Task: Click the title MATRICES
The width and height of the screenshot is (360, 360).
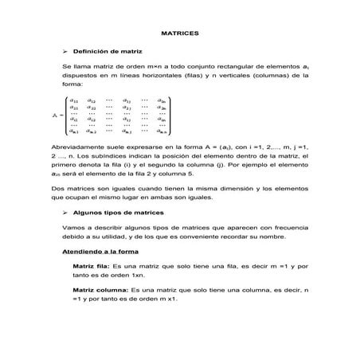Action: coord(180,34)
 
